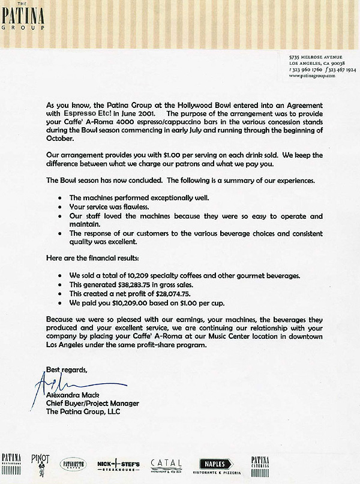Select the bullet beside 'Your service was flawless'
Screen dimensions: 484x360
click(61, 206)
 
